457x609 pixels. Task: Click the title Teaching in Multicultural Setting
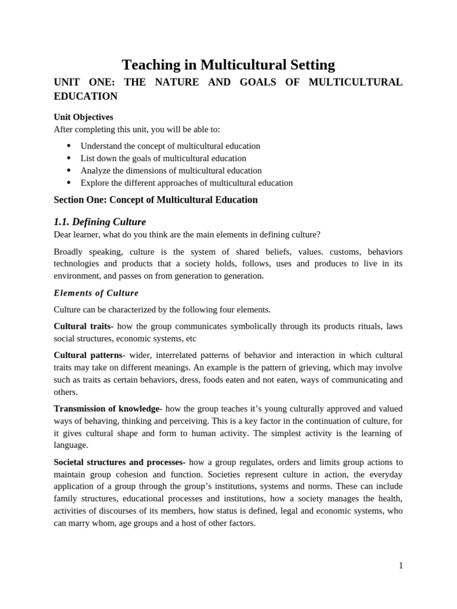click(228, 65)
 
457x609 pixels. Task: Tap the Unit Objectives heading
click(83, 117)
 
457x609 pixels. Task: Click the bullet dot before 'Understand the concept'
click(69, 146)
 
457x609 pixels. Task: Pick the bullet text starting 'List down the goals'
click(163, 158)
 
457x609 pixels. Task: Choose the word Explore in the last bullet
click(95, 183)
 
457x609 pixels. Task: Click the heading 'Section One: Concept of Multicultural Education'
click(155, 200)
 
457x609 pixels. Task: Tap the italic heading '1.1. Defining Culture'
click(99, 222)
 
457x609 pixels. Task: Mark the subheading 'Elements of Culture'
click(96, 293)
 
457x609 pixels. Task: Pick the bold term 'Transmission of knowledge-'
click(108, 409)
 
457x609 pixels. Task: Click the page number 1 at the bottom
click(401, 566)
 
